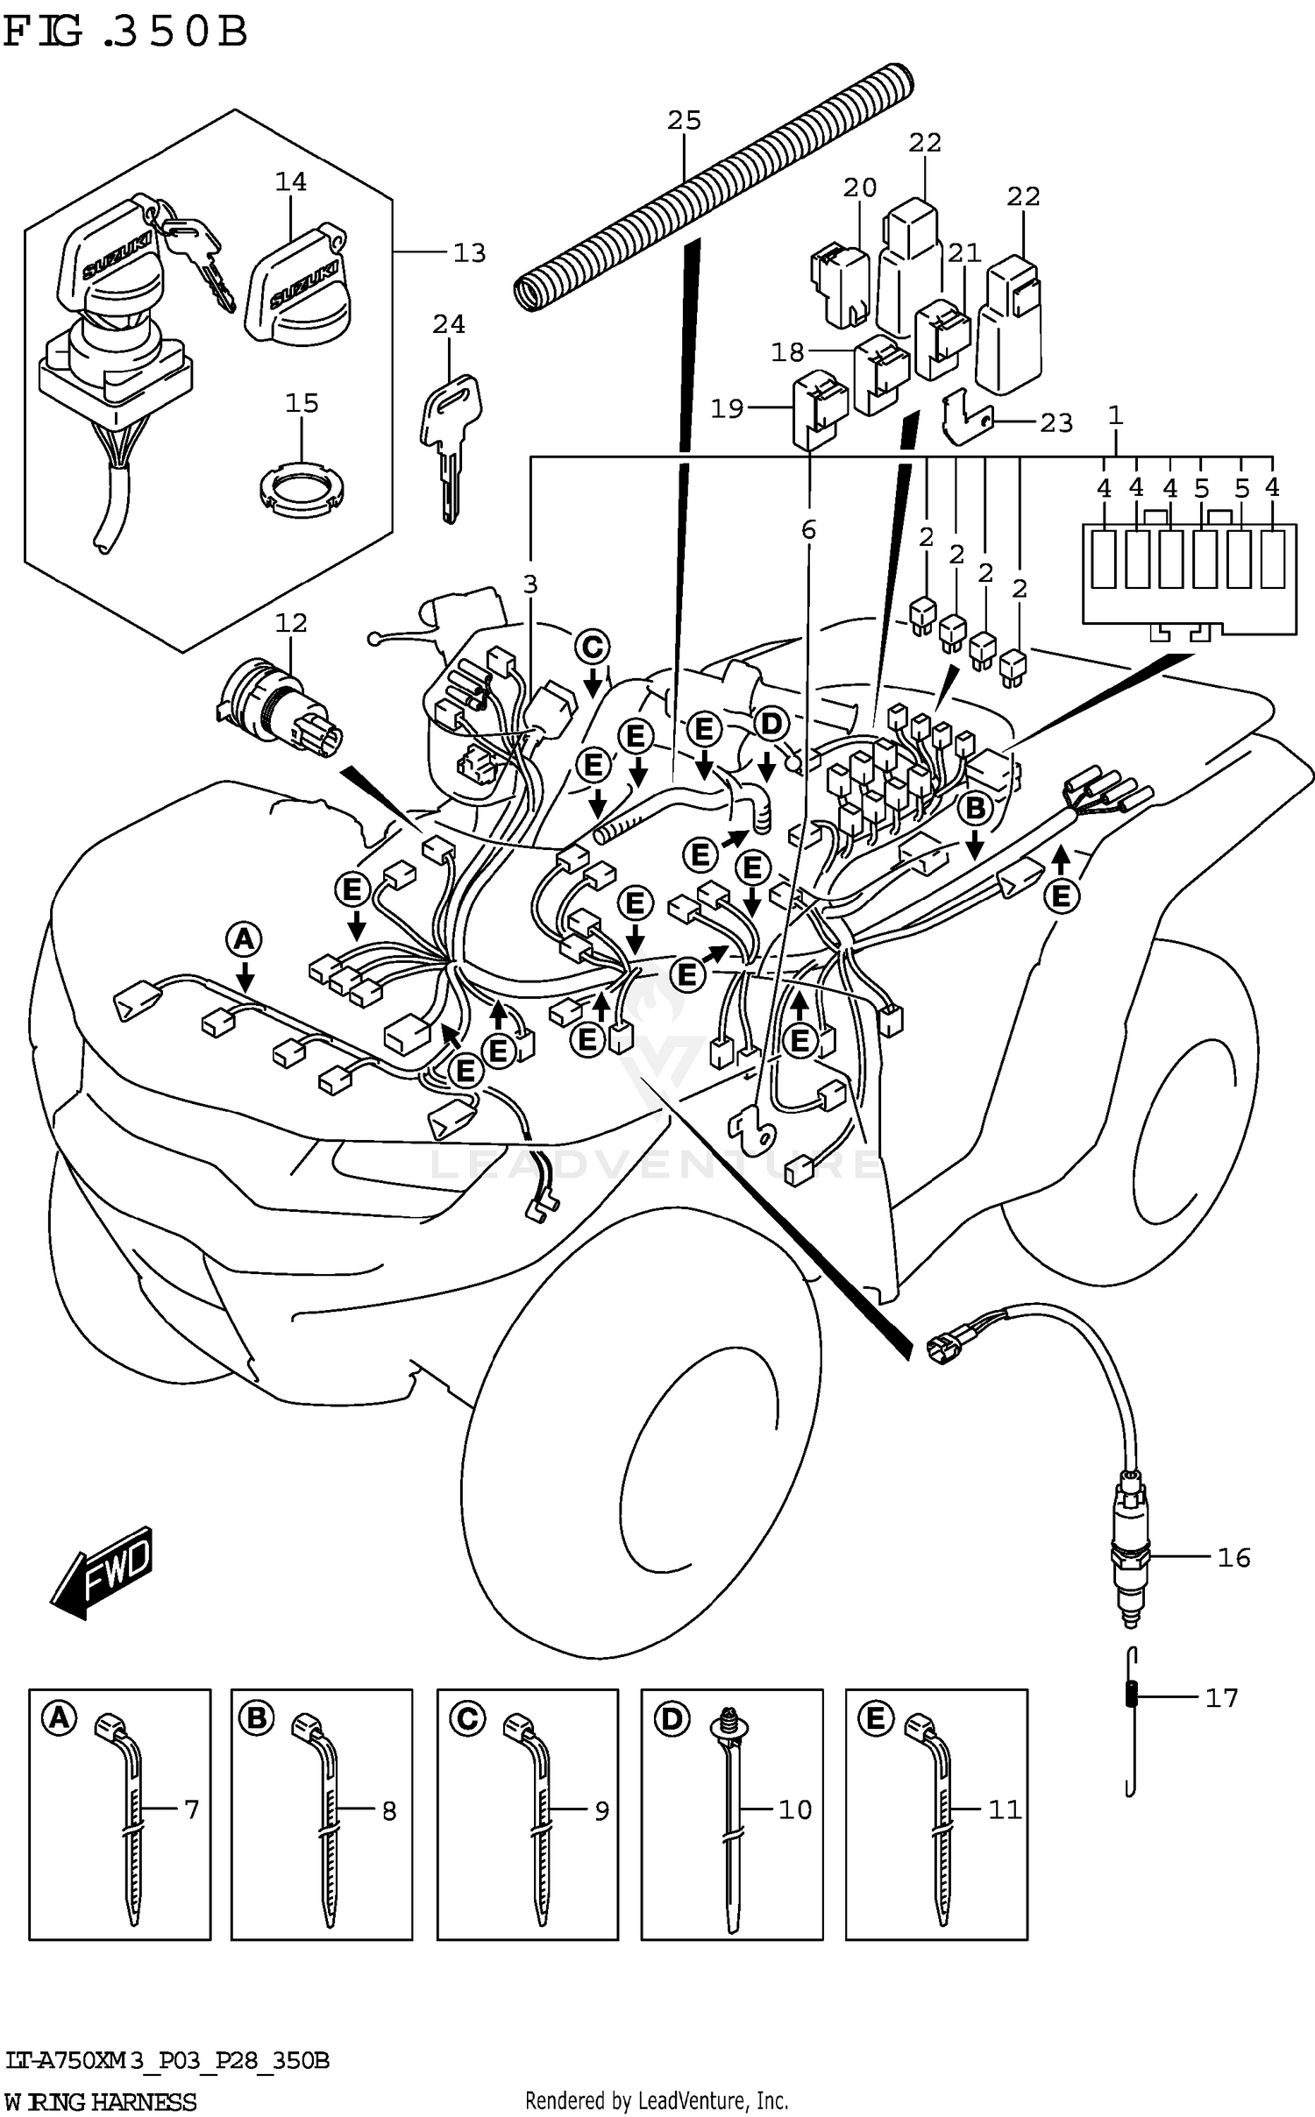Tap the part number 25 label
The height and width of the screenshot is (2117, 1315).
684,121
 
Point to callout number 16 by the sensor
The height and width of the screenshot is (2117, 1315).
1233,1557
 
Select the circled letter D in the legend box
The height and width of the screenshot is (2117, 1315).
671,1719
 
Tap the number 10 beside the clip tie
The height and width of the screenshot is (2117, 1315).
795,1809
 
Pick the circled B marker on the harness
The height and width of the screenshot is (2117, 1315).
976,808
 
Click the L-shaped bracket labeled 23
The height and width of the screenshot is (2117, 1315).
964,419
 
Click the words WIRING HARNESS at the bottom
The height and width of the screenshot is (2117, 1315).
101,2101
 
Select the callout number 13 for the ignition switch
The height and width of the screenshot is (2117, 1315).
469,253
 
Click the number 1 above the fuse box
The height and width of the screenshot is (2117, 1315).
1115,415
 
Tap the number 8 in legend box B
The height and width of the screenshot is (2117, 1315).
388,1810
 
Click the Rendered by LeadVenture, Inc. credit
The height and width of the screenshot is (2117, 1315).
657,2099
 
